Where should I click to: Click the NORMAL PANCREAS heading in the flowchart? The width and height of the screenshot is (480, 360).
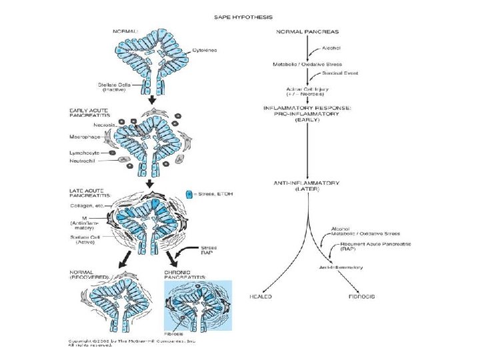[307, 31]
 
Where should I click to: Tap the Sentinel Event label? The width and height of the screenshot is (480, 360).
[333, 73]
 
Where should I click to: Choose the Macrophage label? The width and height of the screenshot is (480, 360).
[85, 137]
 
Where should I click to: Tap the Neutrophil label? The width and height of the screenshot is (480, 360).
[85, 161]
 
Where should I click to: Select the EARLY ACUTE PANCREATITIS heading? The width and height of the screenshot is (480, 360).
[89, 113]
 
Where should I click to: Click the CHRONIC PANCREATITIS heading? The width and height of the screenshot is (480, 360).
[182, 275]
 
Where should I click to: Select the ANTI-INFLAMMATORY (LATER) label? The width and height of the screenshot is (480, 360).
[307, 185]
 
